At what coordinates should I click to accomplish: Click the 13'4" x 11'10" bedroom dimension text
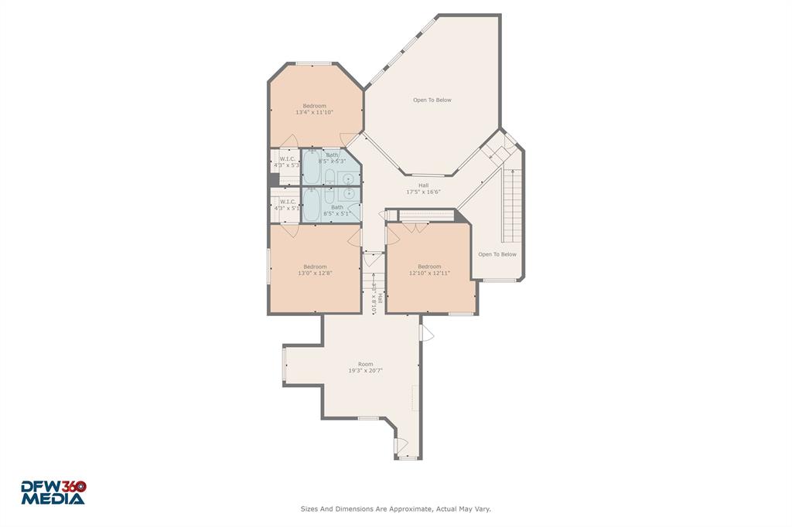pos(314,113)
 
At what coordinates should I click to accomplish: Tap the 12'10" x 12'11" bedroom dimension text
pos(429,274)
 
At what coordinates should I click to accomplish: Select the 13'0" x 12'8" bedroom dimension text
pos(315,274)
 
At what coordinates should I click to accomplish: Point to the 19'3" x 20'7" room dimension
pos(365,371)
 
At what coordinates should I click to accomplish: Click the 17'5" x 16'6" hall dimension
pos(423,192)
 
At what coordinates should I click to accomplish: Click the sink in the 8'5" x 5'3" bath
pos(349,178)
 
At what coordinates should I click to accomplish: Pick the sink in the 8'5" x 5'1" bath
pos(349,194)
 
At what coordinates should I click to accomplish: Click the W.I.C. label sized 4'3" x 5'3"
pos(287,159)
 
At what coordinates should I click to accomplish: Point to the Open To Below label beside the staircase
pos(497,254)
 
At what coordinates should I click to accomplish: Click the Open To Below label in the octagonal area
pos(432,100)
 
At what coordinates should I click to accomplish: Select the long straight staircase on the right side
pos(510,204)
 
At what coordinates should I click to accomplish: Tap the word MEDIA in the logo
pos(53,499)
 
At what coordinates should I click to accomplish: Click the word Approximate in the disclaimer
pos(405,509)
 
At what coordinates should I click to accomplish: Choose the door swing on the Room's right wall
pos(426,332)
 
